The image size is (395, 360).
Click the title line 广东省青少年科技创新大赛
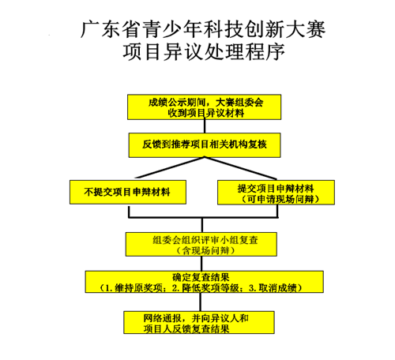(x=203, y=29)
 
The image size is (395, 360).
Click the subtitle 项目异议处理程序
(x=204, y=52)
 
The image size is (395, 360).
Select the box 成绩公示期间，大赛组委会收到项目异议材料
(x=205, y=107)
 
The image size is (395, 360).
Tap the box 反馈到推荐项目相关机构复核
(x=205, y=145)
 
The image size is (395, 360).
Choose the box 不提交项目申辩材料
(x=128, y=192)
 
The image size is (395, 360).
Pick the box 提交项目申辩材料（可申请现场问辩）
(x=276, y=193)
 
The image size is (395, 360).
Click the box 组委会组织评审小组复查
(x=201, y=244)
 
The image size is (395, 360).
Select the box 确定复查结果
(x=205, y=282)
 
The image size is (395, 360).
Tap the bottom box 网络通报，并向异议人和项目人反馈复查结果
(x=199, y=323)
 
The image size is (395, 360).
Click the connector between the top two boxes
(x=205, y=126)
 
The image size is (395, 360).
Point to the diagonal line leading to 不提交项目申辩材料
(x=171, y=167)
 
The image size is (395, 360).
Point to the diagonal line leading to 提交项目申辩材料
(x=240, y=168)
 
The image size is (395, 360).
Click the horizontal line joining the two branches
(x=203, y=217)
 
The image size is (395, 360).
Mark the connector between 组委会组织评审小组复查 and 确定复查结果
(x=201, y=264)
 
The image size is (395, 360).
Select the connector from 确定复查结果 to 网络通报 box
(x=201, y=302)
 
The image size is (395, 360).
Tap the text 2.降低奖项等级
(x=205, y=287)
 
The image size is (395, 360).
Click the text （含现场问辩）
(x=206, y=250)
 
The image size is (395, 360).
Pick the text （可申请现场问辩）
(x=280, y=199)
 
